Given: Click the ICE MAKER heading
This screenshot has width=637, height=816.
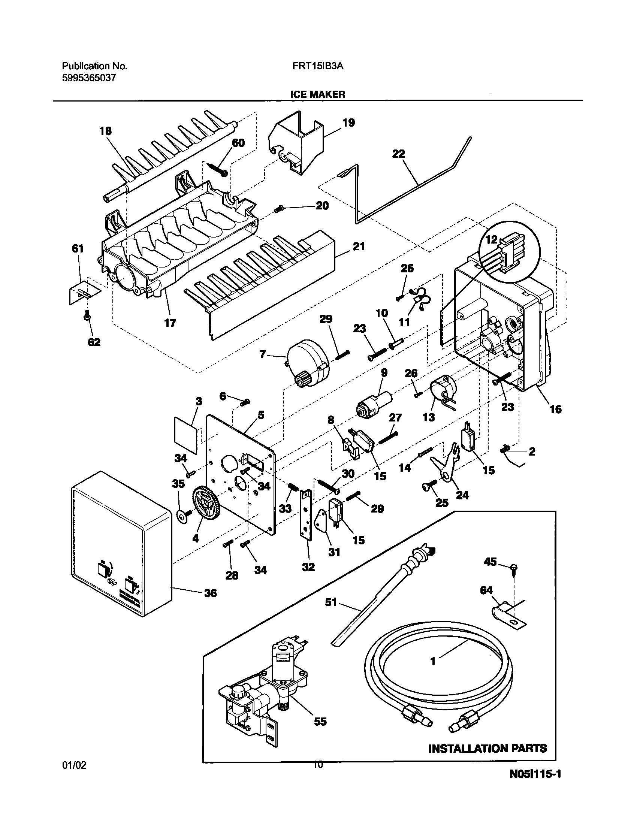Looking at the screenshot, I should [x=317, y=94].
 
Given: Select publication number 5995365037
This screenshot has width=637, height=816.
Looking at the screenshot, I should [x=89, y=78].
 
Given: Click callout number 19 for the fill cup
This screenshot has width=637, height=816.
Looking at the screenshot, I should [x=348, y=123].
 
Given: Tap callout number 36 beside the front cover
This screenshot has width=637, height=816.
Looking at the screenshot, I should [x=211, y=593].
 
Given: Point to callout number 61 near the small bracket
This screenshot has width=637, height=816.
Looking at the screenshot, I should [x=78, y=249].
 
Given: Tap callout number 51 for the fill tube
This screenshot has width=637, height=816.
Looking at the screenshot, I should [x=331, y=602].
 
